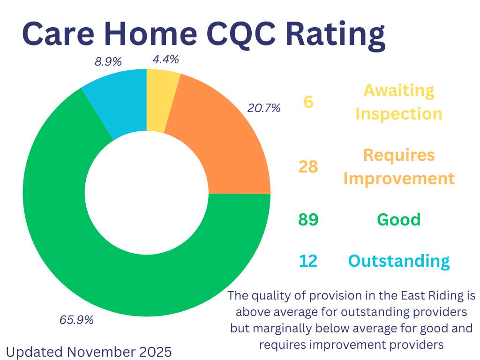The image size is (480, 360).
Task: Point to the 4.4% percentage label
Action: point(165,60)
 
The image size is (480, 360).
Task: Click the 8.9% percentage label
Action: point(108,61)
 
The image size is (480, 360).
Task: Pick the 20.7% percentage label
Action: point(264,108)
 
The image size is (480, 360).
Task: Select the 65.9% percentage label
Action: point(76,320)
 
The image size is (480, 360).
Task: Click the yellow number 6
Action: point(308,102)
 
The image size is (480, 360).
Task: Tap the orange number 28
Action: point(308,166)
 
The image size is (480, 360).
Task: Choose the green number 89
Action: point(308,220)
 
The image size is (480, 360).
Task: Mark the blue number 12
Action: point(308,261)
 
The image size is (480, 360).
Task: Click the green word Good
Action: point(399,220)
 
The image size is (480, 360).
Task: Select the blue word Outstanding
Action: point(399,261)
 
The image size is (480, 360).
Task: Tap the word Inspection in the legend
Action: point(399,114)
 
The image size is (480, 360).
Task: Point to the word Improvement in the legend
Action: point(399,179)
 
